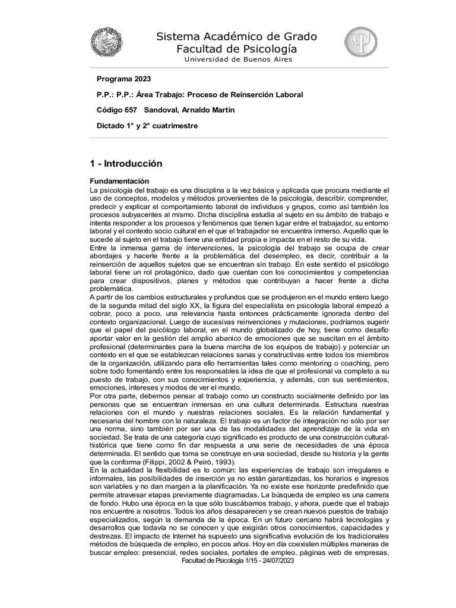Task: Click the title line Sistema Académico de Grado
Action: point(236,36)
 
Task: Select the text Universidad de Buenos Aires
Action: point(238,59)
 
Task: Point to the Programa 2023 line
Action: point(123,79)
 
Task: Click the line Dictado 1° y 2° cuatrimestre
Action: point(147,125)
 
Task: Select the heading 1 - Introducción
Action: point(126,163)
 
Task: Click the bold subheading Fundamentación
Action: point(119,180)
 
